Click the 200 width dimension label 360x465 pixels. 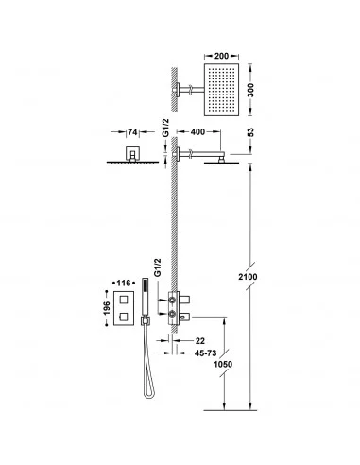click(x=221, y=56)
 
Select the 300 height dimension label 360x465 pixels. click(x=250, y=91)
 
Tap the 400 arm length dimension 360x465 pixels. click(x=197, y=132)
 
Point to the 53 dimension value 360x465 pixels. click(x=250, y=132)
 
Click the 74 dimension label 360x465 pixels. click(x=132, y=132)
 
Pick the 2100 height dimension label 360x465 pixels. click(x=248, y=277)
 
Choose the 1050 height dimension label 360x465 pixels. click(x=223, y=364)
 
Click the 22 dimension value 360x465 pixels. click(x=199, y=341)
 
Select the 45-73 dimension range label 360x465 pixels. click(x=205, y=353)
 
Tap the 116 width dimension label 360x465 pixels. click(x=124, y=284)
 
